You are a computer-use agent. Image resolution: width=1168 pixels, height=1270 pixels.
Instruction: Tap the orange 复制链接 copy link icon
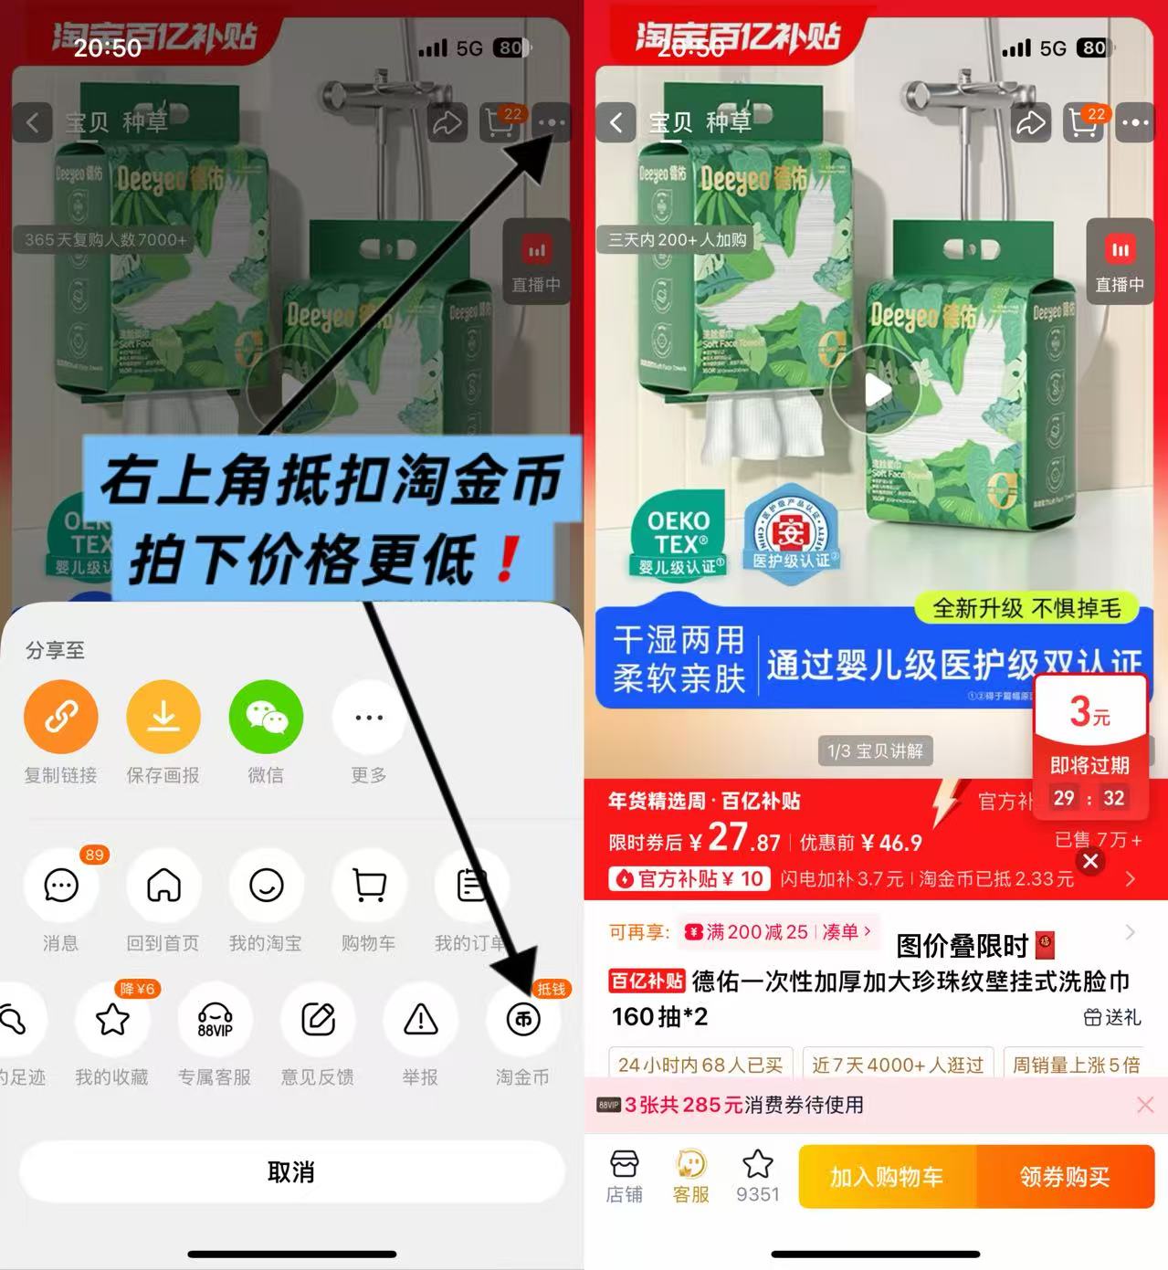(61, 718)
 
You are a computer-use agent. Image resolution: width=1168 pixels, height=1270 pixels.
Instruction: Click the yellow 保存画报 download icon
(163, 718)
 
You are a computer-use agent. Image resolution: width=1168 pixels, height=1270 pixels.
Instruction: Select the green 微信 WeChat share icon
(266, 718)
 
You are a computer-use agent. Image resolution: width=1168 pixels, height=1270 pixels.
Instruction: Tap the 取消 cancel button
(291, 1172)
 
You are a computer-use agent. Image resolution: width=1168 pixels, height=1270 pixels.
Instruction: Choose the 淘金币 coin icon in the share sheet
(522, 1020)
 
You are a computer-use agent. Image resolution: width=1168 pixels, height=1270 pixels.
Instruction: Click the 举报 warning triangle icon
(420, 1020)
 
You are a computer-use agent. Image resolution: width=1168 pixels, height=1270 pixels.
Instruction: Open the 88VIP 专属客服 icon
(215, 1020)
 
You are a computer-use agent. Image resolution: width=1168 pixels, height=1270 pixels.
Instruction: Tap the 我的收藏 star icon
(112, 1020)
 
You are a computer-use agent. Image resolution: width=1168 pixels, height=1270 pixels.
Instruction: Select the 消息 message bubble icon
(61, 885)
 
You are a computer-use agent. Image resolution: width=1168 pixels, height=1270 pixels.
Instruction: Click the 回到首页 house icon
(163, 885)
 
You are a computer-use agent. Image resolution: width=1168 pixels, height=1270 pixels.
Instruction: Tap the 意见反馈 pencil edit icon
(318, 1020)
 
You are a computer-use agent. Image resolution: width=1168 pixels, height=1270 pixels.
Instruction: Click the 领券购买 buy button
(1064, 1177)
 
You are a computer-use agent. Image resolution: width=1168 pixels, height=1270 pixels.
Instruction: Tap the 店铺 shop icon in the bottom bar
(625, 1176)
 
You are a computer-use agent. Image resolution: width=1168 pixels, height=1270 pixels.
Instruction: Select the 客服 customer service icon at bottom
(691, 1176)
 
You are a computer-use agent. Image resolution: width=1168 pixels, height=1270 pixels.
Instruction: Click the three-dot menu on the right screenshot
(1135, 122)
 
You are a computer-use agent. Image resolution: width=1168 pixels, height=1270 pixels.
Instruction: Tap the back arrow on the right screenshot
(616, 122)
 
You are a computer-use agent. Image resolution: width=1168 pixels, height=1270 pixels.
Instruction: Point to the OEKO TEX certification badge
(679, 534)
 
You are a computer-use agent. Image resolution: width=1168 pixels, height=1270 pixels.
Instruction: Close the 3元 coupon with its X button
(1089, 861)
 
